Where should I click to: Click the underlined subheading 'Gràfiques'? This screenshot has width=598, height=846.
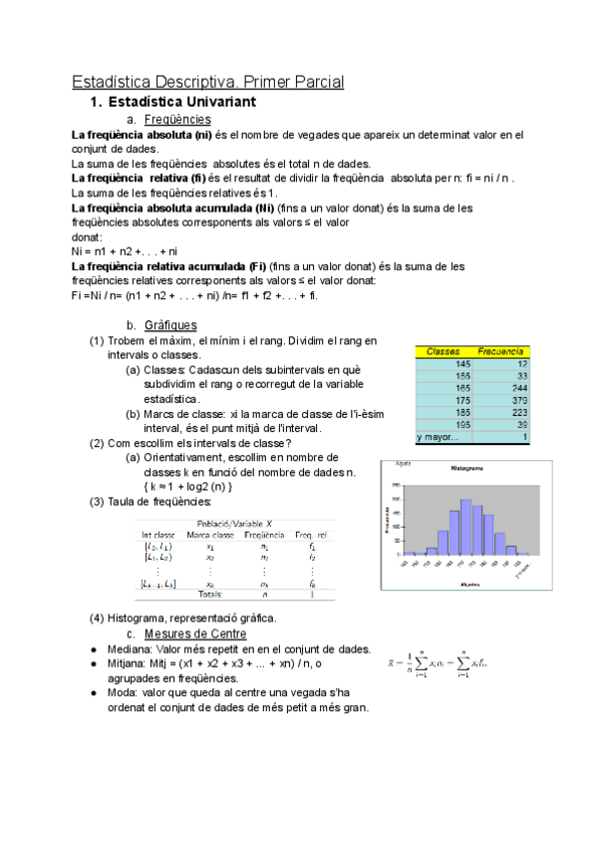click(x=170, y=325)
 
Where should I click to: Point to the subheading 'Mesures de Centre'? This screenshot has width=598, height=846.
click(x=195, y=634)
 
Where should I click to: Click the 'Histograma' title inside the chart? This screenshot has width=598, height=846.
click(x=467, y=467)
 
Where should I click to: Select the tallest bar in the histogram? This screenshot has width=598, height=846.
click(x=465, y=527)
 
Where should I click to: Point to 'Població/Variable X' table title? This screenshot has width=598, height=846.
click(x=235, y=523)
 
